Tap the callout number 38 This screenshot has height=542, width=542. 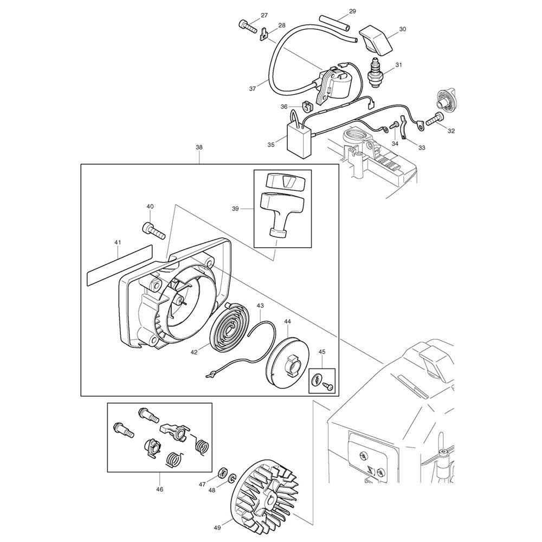pos(199,147)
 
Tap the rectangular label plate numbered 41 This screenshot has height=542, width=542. pos(119,265)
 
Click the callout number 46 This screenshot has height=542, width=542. pos(160,489)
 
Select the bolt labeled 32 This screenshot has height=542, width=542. pos(435,119)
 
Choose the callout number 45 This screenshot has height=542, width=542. pos(322,352)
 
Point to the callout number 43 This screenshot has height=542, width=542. pos(260,306)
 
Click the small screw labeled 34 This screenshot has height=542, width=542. pos(394,126)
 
